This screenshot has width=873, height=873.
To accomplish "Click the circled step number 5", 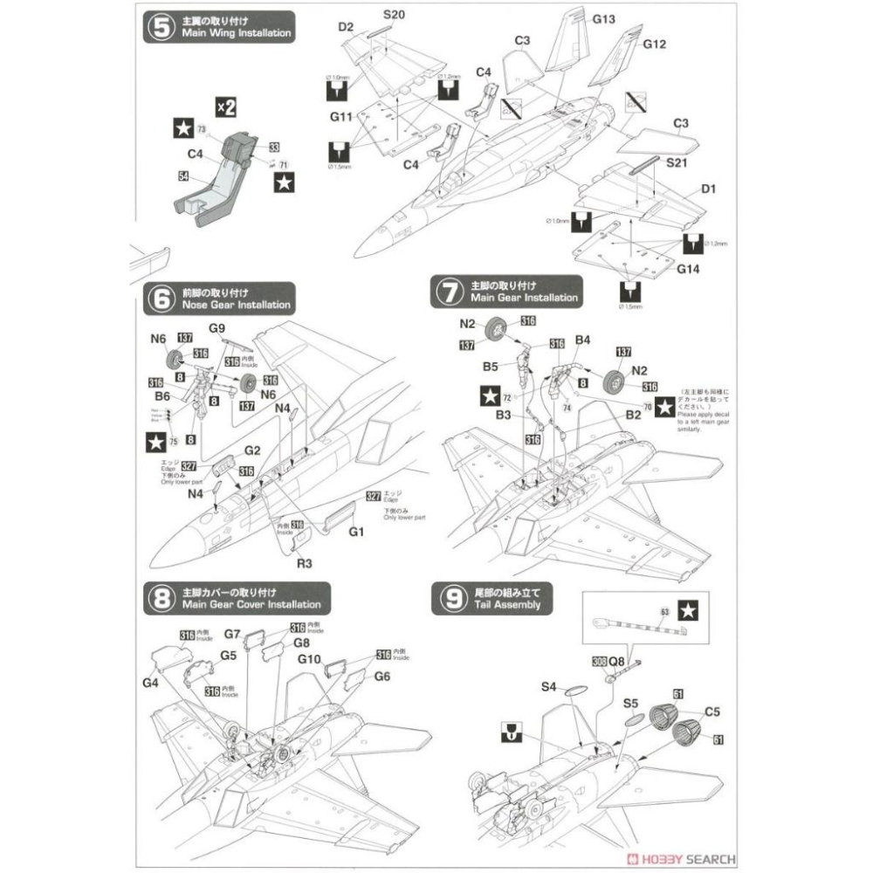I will coord(161,25).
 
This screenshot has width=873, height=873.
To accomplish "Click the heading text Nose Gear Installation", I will coord(236,306).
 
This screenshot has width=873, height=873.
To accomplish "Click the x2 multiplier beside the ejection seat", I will coord(225,107).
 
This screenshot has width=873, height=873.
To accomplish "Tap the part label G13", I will coord(603,19).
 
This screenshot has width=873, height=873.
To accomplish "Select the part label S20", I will coord(394,15).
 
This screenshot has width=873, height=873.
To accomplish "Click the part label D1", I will coord(708,189).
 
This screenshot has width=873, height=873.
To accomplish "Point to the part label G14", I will coord(688,271).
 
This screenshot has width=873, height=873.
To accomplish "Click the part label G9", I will coord(218,328).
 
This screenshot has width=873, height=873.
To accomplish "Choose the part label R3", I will coord(304,564).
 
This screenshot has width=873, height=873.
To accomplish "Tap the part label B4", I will coord(583,340).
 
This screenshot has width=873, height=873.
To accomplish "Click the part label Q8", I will coord(616,661).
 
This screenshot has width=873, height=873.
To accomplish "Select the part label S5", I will coord(630,701).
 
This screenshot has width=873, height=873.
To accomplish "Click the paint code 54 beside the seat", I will coord(183,176).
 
